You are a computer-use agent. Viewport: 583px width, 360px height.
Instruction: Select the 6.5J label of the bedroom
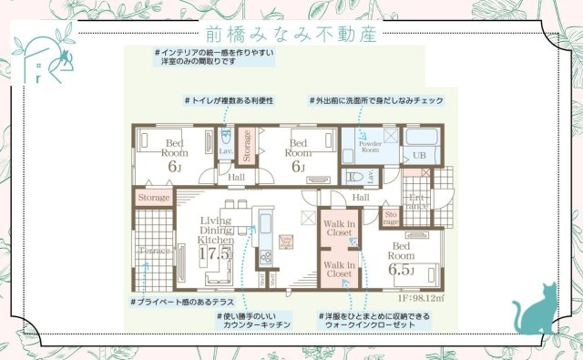pos(402,271)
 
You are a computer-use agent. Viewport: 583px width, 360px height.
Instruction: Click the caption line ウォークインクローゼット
pos(378,325)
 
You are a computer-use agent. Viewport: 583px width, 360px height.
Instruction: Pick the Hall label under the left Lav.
pos(236,177)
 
